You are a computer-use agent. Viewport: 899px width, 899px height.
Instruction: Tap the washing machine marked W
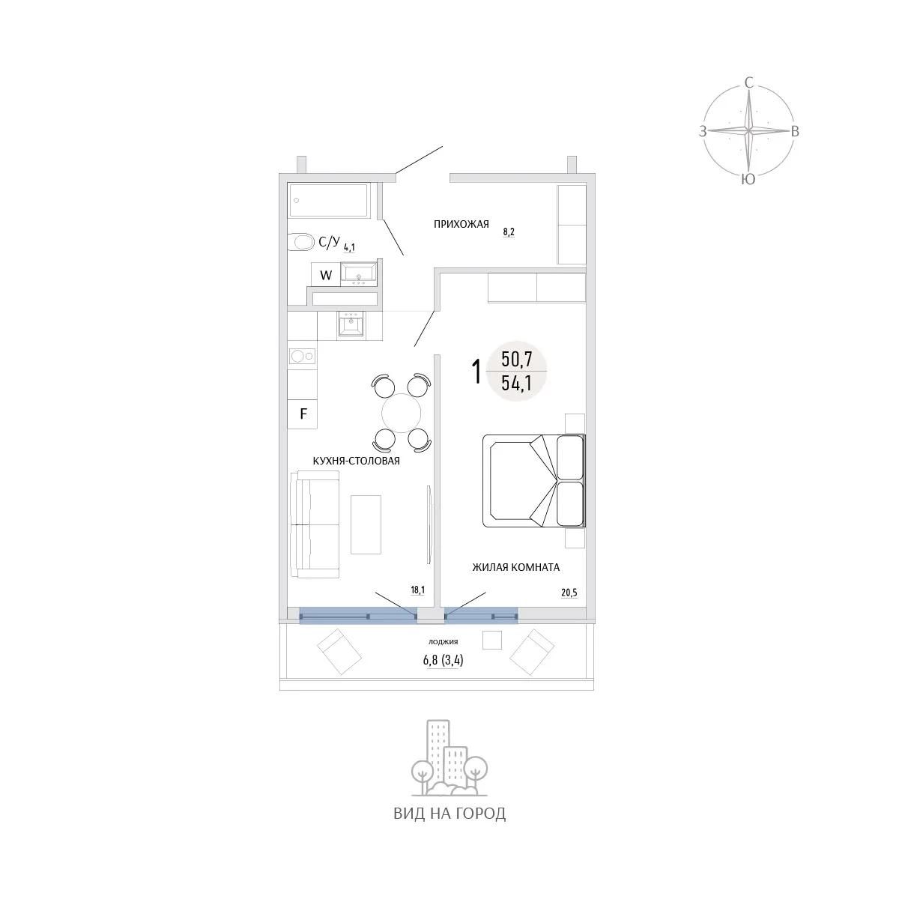(326, 275)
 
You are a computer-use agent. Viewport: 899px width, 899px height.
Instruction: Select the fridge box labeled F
(303, 414)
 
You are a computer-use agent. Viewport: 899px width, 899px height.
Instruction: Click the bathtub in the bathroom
(329, 200)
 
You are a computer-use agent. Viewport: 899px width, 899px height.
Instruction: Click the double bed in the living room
(533, 481)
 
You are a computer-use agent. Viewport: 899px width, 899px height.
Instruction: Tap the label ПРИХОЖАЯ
(461, 225)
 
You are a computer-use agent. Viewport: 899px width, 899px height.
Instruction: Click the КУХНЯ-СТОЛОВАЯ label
(356, 461)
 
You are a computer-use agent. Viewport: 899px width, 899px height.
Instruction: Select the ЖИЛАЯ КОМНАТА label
(516, 567)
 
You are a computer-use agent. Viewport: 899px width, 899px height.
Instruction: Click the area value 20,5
(569, 593)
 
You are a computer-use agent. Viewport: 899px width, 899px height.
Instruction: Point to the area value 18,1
(417, 590)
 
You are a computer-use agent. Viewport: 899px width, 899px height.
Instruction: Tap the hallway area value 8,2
(509, 231)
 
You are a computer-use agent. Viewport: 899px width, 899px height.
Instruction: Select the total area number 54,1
(516, 383)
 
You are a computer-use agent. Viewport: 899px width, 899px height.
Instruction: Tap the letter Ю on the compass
(748, 179)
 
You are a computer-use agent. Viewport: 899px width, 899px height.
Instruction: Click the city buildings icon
(449, 759)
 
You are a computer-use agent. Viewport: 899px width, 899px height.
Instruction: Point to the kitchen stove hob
(303, 357)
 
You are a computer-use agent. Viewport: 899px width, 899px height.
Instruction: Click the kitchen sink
(351, 323)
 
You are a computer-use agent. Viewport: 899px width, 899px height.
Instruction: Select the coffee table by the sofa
(366, 525)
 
